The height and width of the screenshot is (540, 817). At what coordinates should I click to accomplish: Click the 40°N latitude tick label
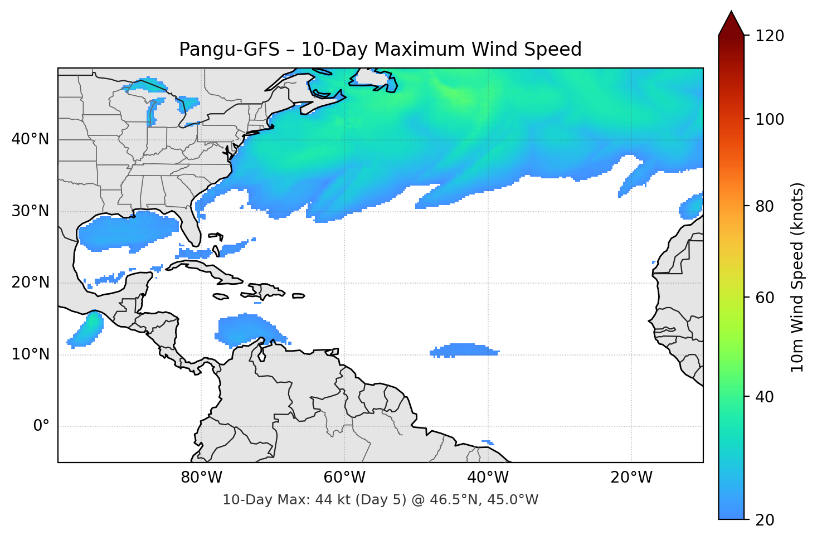pyautogui.click(x=30, y=139)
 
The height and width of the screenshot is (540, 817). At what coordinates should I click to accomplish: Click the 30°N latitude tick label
pyautogui.click(x=30, y=211)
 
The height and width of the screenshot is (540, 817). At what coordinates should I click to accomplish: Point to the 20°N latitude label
pyautogui.click(x=30, y=283)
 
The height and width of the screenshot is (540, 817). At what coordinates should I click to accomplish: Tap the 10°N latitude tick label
pyautogui.click(x=30, y=354)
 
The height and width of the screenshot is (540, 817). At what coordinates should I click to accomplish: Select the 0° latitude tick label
pyautogui.click(x=41, y=426)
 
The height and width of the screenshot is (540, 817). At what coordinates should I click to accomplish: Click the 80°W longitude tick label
pyautogui.click(x=201, y=478)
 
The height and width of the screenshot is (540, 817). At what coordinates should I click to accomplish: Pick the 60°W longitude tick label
pyautogui.click(x=344, y=478)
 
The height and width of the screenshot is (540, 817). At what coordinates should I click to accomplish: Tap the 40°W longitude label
pyautogui.click(x=488, y=478)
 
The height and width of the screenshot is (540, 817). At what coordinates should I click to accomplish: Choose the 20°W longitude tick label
pyautogui.click(x=631, y=478)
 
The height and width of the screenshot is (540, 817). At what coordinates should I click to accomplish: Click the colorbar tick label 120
pyautogui.click(x=770, y=36)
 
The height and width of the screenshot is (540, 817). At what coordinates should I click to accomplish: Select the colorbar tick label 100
pyautogui.click(x=770, y=119)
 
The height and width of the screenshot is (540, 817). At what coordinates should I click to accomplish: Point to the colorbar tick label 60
pyautogui.click(x=765, y=298)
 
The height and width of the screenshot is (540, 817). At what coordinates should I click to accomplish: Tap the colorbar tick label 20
pyautogui.click(x=765, y=520)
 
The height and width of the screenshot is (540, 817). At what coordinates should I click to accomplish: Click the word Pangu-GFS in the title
pyautogui.click(x=229, y=50)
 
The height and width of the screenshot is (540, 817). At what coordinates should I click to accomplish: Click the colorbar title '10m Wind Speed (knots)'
pyautogui.click(x=797, y=277)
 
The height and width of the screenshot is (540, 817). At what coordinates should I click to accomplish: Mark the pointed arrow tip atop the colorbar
pyautogui.click(x=731, y=12)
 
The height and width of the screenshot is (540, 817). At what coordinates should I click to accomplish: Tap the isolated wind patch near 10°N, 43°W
pyautogui.click(x=464, y=350)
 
